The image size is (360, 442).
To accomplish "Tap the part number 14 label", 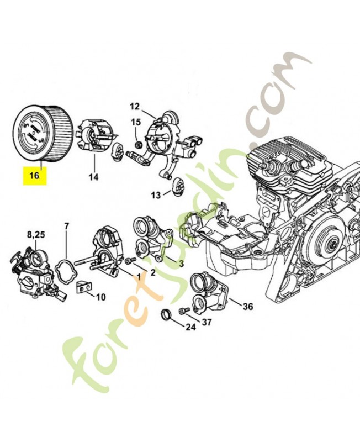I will tap(93, 177).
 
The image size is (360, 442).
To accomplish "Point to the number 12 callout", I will tap(135, 106).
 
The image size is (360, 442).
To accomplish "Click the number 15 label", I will tap(135, 122).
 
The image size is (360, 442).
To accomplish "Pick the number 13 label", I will tap(157, 195).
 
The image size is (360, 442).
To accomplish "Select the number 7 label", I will tap(66, 226).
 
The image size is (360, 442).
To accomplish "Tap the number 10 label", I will tap(100, 297).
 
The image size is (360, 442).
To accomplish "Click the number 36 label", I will tap(248, 306).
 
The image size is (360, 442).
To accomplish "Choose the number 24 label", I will tap(190, 327).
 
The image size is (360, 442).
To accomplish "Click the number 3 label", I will tap(181, 263).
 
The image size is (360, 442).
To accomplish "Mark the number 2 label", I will tap(152, 272).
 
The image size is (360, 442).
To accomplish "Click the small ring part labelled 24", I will tap(165, 315).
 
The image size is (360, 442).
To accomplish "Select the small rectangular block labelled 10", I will tap(83, 287).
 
